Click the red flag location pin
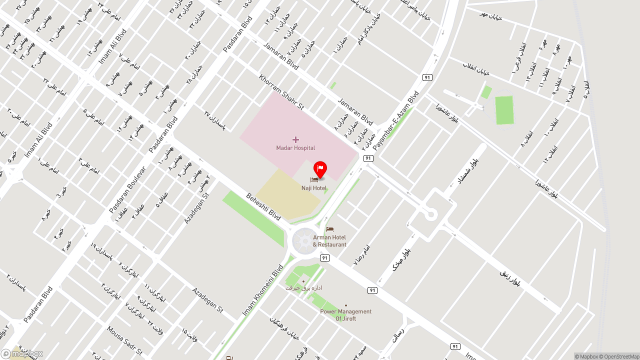click(x=320, y=168)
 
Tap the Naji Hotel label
click(x=314, y=188)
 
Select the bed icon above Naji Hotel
click(x=314, y=179)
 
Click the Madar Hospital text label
click(x=295, y=148)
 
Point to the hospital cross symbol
click(x=295, y=139)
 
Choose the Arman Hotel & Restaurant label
click(x=329, y=241)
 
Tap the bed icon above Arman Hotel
click(x=329, y=229)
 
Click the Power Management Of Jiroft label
click(x=346, y=315)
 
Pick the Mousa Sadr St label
click(x=124, y=340)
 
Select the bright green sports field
click(x=504, y=110)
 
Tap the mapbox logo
click(x=22, y=353)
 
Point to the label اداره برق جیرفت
click(x=303, y=288)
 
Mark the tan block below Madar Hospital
click(x=287, y=195)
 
